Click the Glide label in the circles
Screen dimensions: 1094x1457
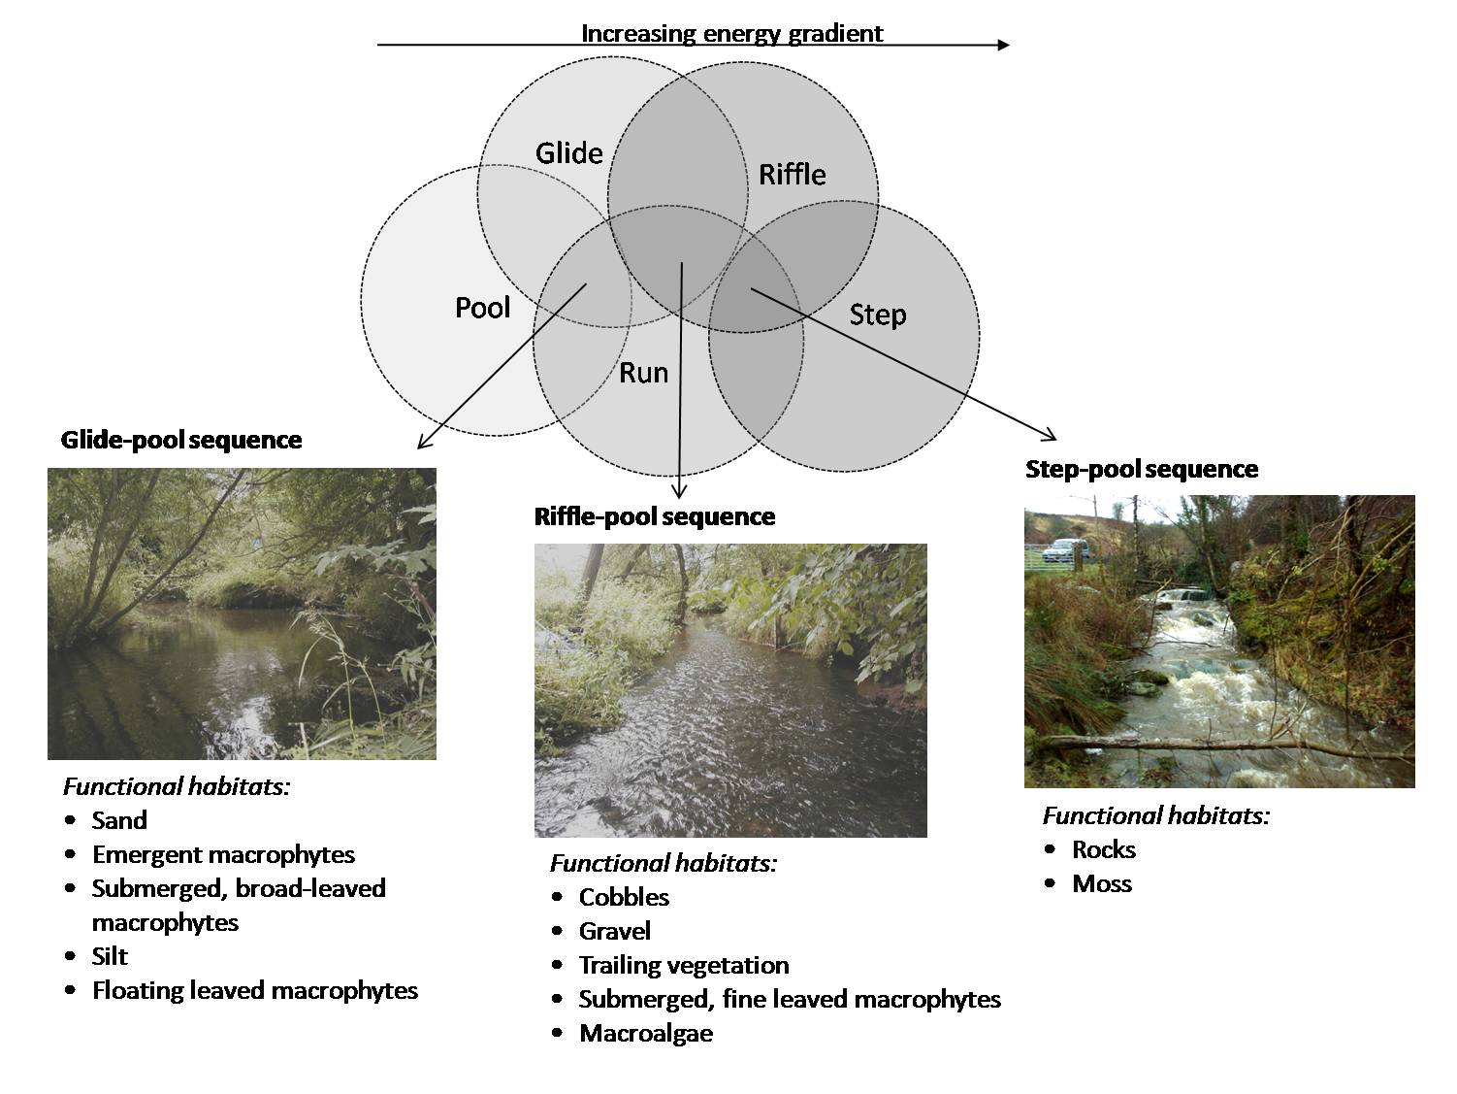(569, 153)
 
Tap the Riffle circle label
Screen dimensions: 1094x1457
(792, 175)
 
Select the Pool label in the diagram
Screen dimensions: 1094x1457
(482, 308)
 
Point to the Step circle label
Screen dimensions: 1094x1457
(877, 315)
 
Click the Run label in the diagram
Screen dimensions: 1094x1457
(643, 373)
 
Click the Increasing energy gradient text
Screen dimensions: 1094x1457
(731, 33)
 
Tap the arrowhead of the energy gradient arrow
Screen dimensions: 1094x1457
(1004, 45)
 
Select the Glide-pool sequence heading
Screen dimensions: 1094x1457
(181, 440)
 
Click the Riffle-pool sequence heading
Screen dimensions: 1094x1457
(655, 516)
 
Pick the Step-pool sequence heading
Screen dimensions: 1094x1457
(1142, 470)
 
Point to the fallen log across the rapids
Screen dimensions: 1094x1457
(1213, 745)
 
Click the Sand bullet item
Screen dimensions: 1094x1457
(119, 820)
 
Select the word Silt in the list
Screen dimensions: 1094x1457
(110, 956)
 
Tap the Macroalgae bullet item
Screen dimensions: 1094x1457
(646, 1033)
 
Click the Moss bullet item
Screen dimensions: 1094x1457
(1102, 883)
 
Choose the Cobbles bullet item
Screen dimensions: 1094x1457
(624, 897)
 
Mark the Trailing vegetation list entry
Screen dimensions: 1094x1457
(684, 965)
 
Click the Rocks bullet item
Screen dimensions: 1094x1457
(1104, 849)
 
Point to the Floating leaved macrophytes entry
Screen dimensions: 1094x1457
(255, 990)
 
